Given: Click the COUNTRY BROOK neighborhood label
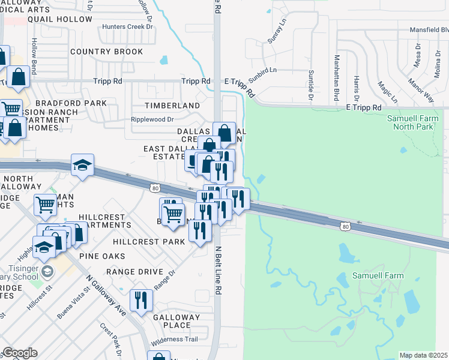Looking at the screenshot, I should pyautogui.click(x=106, y=52).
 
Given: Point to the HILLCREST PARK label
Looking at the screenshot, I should pyautogui.click(x=149, y=242).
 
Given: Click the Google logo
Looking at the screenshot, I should pyautogui.click(x=20, y=353).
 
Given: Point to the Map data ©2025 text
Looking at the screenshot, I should pyautogui.click(x=424, y=355).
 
